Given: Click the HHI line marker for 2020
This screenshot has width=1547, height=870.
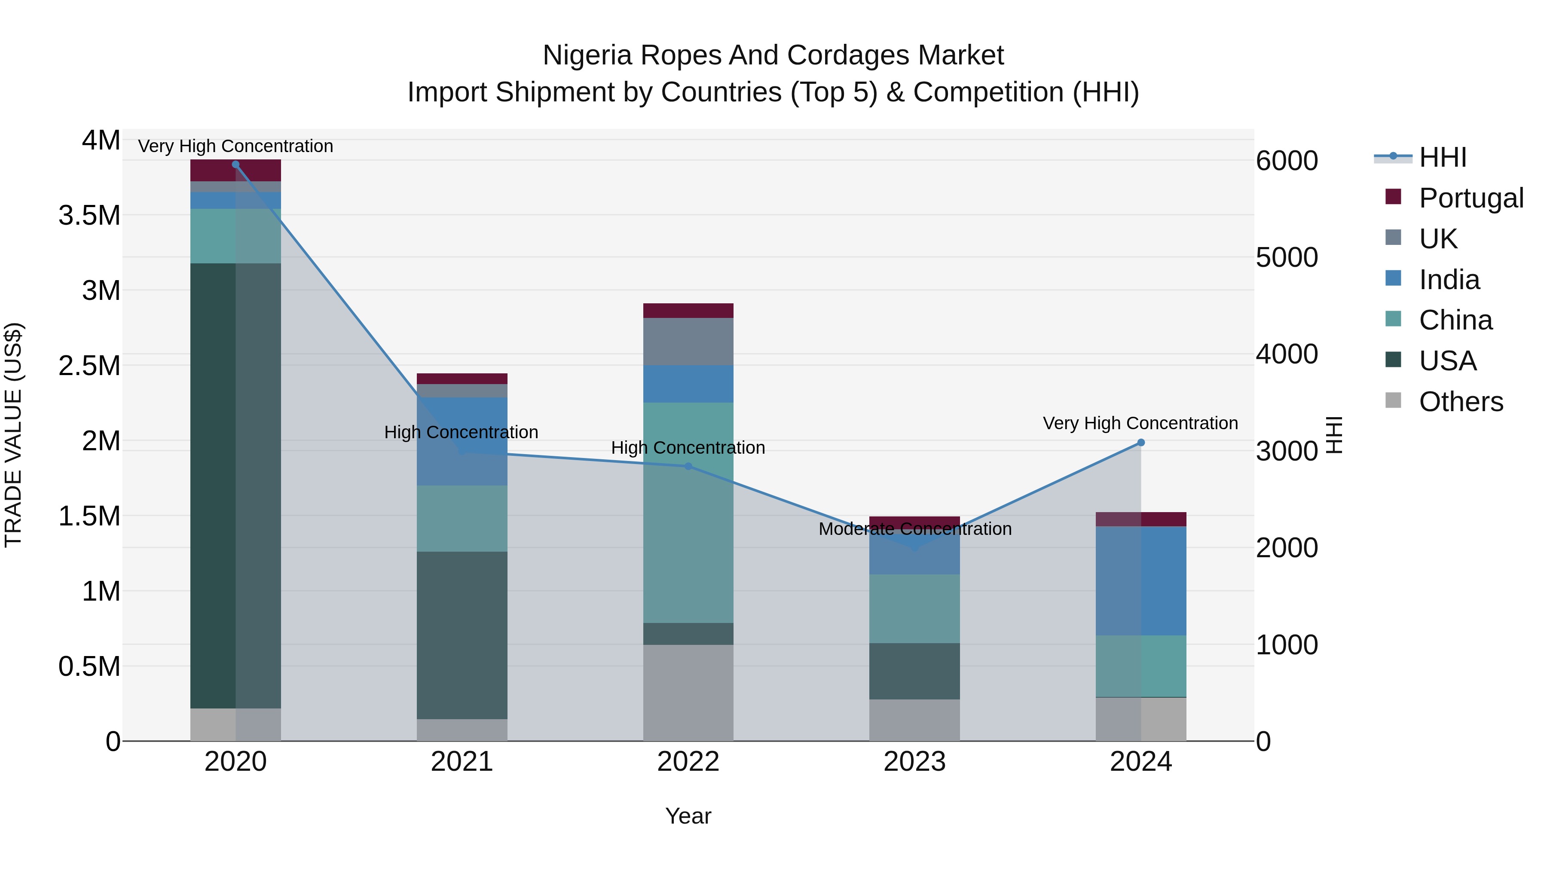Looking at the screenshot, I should pos(235,165).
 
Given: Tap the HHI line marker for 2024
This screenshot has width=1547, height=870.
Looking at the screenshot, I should pos(1141,443).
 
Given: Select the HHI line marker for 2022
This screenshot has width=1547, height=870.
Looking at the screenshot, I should pos(688,467).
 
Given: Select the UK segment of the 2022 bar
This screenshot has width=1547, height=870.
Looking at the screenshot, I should pos(688,342).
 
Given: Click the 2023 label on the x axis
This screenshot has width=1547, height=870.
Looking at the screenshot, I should pos(914,762).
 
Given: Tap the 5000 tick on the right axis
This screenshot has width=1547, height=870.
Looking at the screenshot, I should pos(1286,258).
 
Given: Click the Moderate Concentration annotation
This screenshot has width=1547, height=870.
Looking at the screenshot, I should pos(914,529).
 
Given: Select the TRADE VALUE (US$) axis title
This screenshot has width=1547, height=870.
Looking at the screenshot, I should pos(13,435).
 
